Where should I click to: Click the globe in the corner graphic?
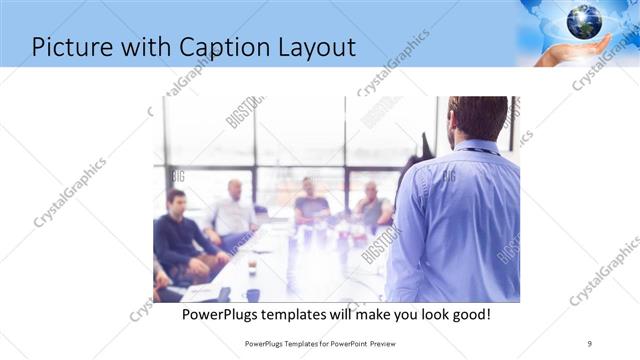tap(584, 21)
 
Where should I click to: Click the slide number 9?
tap(589, 343)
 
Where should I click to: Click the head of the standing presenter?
tap(477, 118)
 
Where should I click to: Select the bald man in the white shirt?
tap(234, 210)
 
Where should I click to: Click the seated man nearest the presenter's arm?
tap(372, 205)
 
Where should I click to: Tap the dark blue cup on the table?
tap(252, 294)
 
